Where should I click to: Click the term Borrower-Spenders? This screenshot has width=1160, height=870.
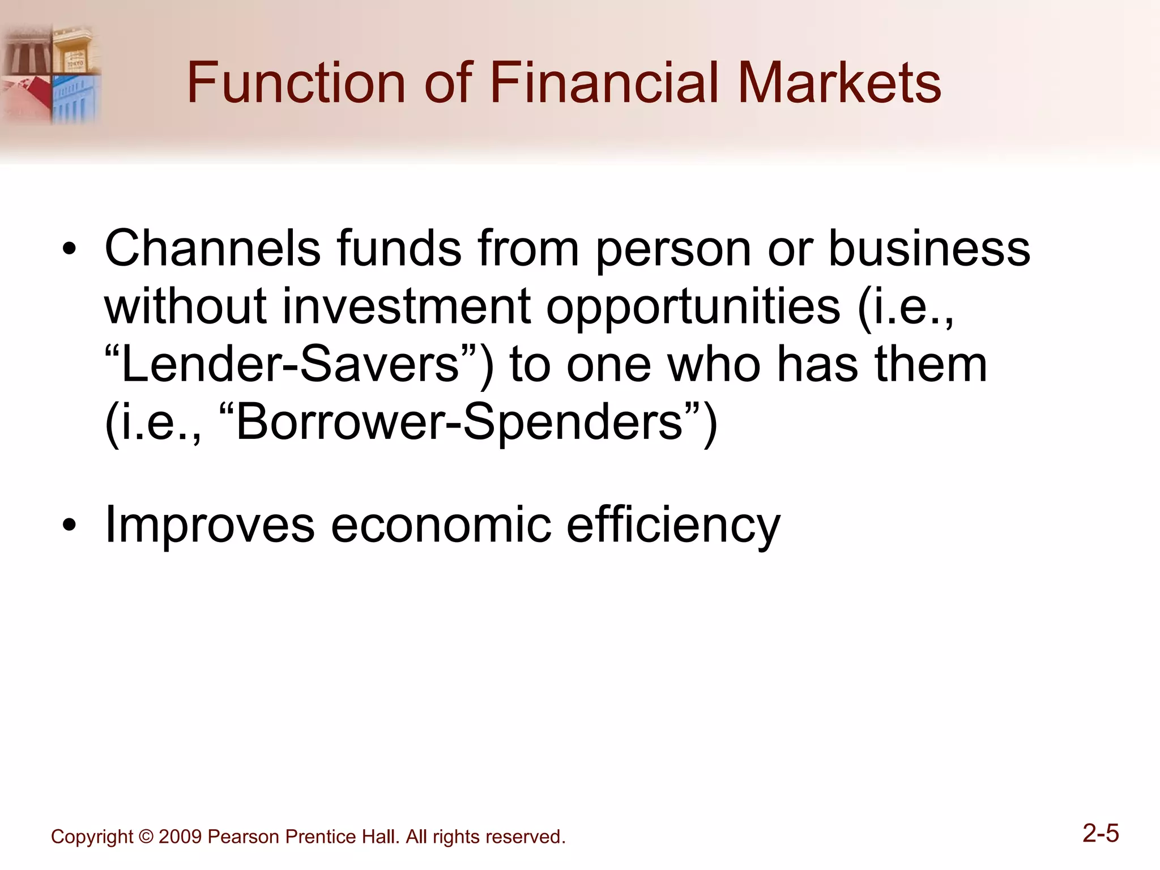coord(459,423)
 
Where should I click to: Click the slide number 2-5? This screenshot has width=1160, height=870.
coord(1101,834)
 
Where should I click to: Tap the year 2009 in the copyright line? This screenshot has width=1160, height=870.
coord(180,837)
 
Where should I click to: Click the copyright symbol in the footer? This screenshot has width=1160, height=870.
coord(146,837)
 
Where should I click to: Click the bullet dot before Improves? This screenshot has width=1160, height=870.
coord(69,526)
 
